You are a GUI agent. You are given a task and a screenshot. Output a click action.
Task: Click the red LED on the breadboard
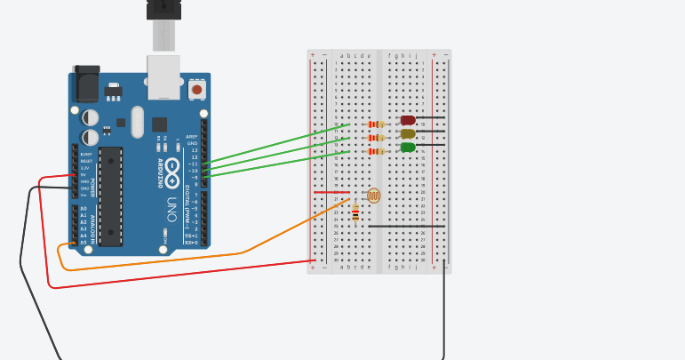click(408, 120)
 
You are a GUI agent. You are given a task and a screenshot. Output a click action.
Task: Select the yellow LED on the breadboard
click(408, 133)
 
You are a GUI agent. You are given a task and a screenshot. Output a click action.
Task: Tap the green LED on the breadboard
click(408, 147)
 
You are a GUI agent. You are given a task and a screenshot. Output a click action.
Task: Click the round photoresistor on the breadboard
click(373, 196)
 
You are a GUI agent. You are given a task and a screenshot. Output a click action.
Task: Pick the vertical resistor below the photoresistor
click(355, 213)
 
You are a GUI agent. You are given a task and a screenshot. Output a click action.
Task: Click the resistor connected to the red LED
click(377, 124)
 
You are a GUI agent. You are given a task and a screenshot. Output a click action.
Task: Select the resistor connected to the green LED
click(377, 151)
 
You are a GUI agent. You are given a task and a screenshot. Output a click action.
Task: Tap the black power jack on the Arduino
click(86, 84)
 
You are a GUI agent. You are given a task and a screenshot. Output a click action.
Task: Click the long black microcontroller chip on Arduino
click(110, 196)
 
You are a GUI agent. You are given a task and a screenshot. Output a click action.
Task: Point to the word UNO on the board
click(171, 209)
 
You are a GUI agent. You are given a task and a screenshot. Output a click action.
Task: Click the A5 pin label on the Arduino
click(84, 242)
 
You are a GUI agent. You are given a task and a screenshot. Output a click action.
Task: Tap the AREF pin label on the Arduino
click(192, 137)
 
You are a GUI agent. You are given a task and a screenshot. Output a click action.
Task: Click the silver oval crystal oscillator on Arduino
click(137, 122)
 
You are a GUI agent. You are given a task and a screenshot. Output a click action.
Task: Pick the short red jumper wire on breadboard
click(331, 192)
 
